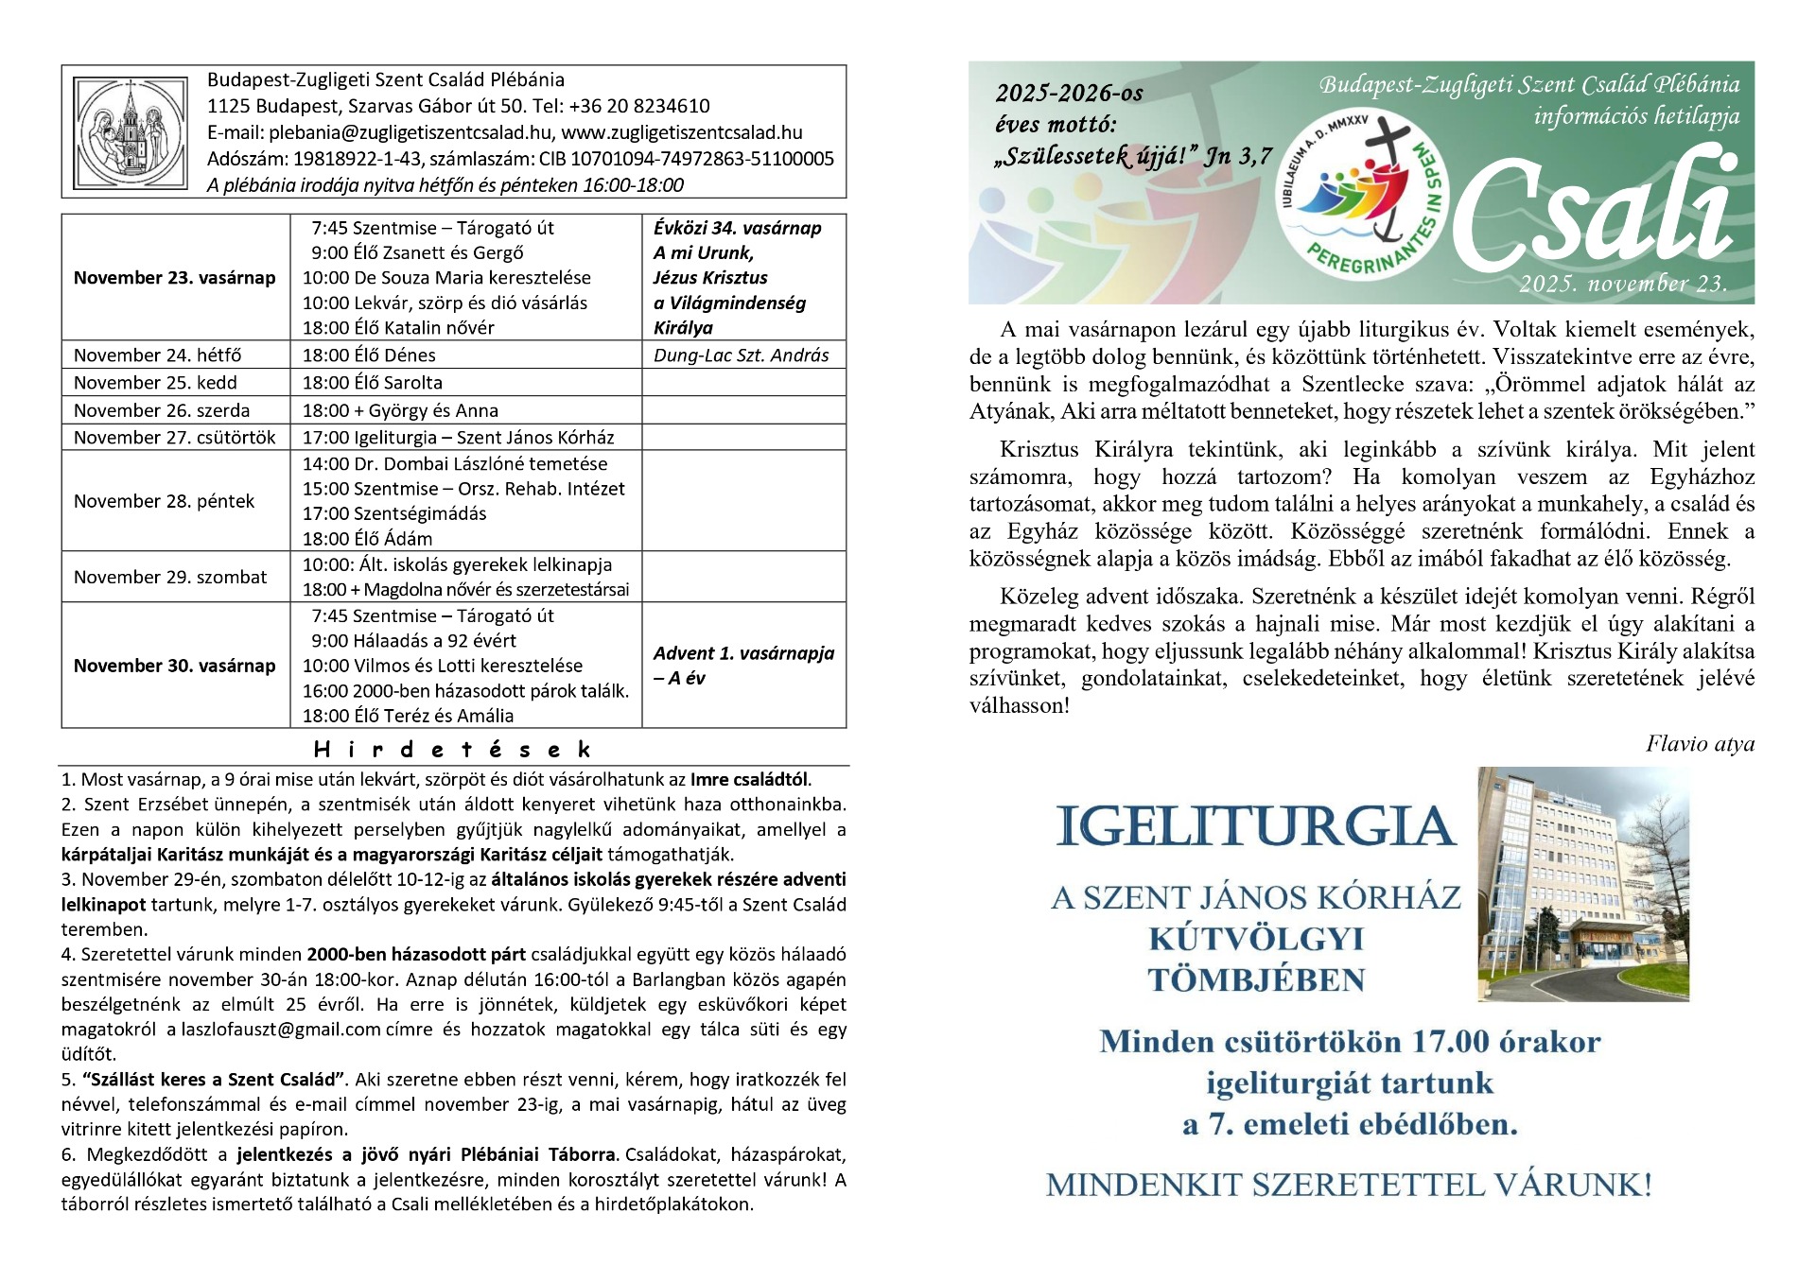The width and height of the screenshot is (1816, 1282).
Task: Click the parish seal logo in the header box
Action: tap(133, 131)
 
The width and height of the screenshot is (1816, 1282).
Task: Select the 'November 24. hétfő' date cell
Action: tap(158, 355)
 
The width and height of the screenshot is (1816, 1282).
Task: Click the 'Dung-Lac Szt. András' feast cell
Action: tap(741, 355)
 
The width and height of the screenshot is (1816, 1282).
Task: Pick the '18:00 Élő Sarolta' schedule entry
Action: tap(373, 383)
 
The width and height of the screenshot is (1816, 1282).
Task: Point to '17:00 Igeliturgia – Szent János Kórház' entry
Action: tap(458, 438)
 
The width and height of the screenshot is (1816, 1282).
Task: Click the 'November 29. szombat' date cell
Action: tap(170, 578)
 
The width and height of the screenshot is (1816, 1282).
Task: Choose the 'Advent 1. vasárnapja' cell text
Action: tap(743, 653)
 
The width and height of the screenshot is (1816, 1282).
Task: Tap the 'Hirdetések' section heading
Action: tap(452, 751)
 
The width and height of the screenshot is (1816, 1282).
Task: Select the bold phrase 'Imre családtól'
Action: tap(749, 780)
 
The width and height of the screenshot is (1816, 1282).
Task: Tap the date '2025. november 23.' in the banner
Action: tap(1623, 284)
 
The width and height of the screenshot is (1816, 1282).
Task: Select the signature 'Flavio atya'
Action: tap(1700, 744)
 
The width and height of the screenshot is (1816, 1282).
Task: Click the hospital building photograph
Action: tap(1582, 884)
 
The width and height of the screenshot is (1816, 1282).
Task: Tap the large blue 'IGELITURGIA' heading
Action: tap(1254, 827)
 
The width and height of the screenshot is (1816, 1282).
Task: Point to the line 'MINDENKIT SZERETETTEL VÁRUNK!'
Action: tap(1349, 1186)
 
